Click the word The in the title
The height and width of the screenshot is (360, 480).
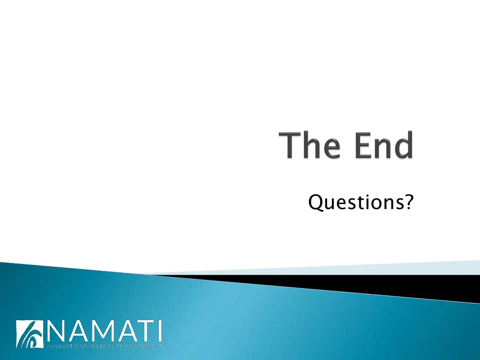(x=311, y=146)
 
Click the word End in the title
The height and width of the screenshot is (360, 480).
(x=383, y=146)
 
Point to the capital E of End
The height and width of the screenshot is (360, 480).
(x=363, y=146)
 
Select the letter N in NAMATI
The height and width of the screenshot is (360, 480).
(x=58, y=331)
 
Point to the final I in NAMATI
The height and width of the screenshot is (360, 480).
(x=160, y=331)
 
